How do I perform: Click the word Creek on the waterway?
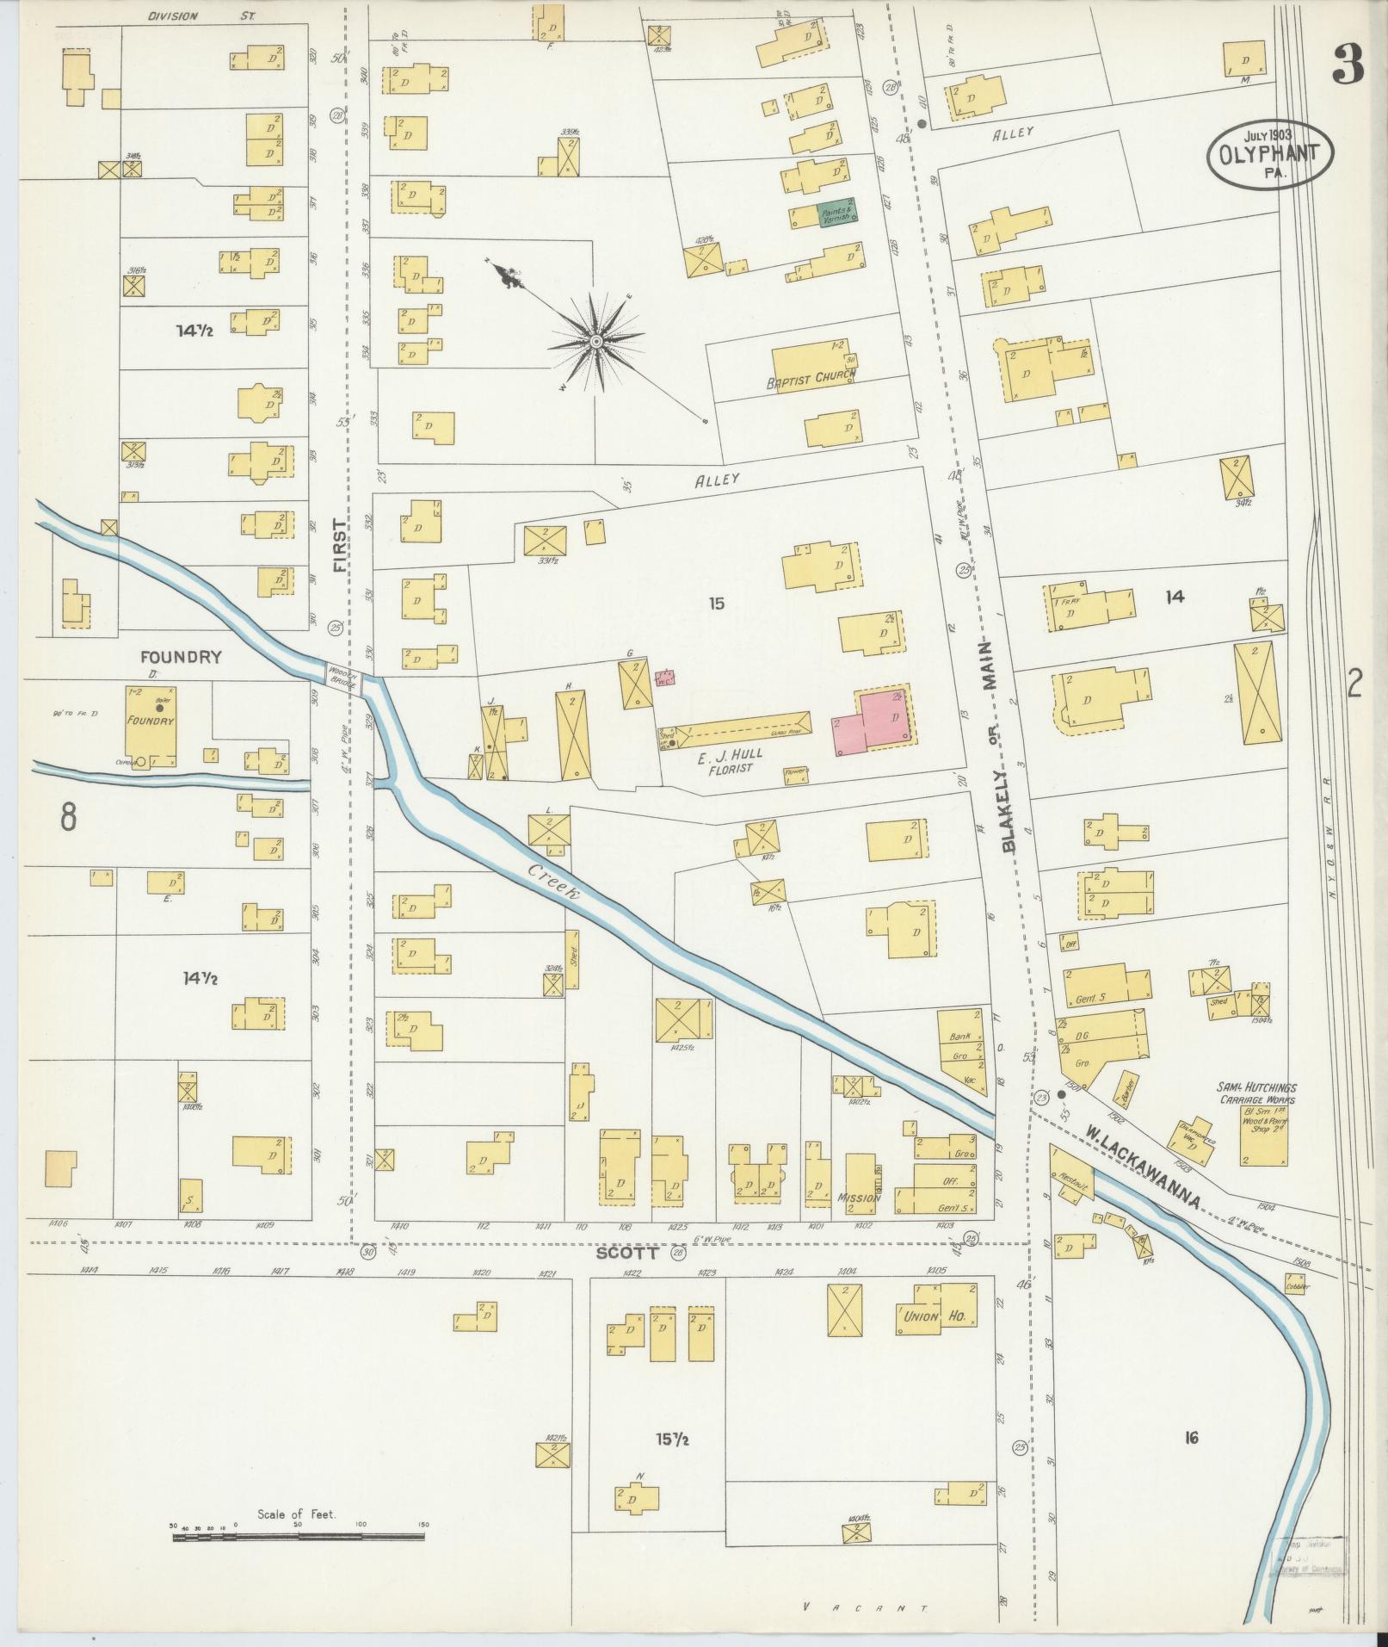click(x=555, y=882)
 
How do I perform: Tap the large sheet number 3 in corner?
click(x=1348, y=65)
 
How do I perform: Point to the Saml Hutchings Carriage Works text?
click(x=1256, y=1093)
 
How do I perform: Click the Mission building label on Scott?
click(x=857, y=1198)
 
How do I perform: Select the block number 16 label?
click(x=1191, y=1437)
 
